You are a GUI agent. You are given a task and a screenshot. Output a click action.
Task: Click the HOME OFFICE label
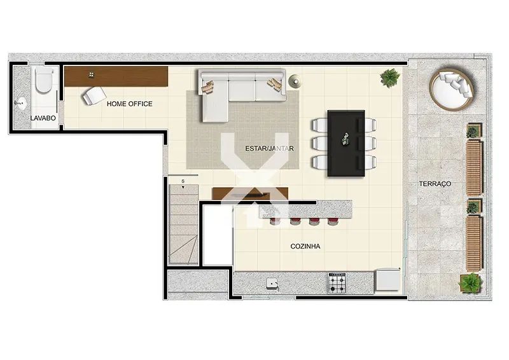130,104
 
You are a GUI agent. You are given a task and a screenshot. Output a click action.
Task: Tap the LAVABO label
43,118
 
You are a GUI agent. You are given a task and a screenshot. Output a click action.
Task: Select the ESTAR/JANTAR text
269,149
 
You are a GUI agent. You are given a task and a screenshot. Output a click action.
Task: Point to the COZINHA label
305,246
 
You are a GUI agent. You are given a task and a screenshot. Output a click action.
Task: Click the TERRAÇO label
435,184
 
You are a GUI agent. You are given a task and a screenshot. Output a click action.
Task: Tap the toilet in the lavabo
44,80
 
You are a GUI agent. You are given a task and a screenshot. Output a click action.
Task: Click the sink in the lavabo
21,104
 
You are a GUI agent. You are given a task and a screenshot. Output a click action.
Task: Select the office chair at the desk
94,95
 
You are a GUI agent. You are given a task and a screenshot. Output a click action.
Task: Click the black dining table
346,144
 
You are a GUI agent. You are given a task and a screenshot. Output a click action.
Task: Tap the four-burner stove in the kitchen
338,283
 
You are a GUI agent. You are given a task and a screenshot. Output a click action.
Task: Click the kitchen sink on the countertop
272,284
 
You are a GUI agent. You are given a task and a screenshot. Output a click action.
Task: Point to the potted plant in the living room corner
390,78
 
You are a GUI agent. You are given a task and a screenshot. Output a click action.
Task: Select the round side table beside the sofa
295,81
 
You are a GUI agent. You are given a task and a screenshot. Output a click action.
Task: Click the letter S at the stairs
183,181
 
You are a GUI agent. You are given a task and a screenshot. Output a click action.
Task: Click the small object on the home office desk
92,75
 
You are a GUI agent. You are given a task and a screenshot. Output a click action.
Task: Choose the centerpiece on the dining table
345,138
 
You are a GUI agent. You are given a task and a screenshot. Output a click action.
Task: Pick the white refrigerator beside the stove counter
387,280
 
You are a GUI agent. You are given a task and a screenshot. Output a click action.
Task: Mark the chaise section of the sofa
214,101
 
